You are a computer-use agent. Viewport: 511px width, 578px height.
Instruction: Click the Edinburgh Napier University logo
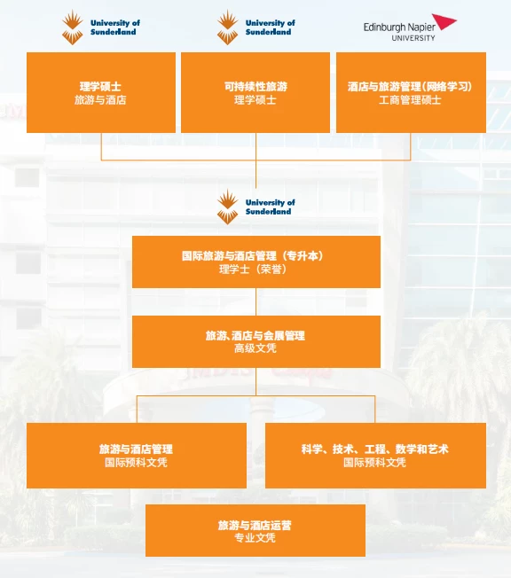410,27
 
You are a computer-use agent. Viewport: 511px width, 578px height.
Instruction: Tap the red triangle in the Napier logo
444,21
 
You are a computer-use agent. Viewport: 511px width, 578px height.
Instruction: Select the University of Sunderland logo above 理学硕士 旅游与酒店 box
101,27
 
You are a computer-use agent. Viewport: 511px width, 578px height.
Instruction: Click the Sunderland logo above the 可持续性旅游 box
256,27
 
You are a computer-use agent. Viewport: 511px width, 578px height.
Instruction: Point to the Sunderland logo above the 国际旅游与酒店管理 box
256,207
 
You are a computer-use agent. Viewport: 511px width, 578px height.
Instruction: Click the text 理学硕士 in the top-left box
100,87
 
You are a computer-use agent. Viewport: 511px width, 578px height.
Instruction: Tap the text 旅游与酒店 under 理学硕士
100,100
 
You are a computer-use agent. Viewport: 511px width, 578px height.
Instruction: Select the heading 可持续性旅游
255,87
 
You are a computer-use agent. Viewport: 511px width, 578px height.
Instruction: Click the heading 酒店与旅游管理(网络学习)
410,87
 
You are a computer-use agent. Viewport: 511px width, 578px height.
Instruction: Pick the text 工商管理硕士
410,100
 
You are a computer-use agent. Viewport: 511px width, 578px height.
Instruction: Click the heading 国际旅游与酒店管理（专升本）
253,256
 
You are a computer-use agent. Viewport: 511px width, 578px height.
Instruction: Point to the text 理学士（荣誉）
253,269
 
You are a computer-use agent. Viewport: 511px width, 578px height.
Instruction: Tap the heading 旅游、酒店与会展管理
255,335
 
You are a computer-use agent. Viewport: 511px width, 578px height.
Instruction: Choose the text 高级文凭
255,348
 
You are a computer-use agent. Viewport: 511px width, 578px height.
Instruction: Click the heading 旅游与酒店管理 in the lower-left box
136,449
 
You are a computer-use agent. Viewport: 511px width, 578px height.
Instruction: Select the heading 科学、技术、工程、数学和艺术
375,449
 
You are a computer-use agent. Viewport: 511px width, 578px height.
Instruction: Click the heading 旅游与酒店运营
255,526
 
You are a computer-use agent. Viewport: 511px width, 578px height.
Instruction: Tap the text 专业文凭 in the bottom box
255,538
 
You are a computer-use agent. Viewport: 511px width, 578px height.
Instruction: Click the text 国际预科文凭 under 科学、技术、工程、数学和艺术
375,462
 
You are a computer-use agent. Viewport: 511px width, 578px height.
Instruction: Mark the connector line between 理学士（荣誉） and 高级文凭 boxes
255,301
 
